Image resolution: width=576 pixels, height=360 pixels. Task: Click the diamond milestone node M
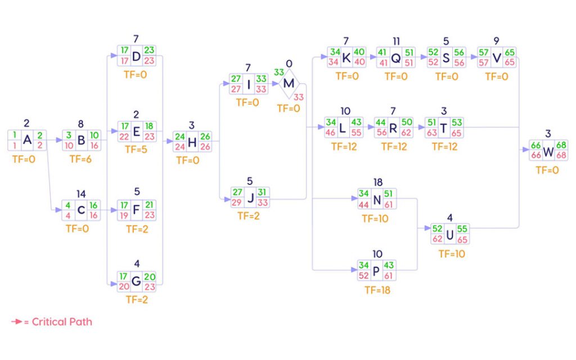pyautogui.click(x=289, y=84)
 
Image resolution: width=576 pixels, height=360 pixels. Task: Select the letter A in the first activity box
pyautogui.click(x=27, y=140)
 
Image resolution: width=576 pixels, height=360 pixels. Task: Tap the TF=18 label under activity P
pyautogui.click(x=377, y=290)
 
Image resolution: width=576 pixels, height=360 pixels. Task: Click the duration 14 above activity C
pyautogui.click(x=81, y=193)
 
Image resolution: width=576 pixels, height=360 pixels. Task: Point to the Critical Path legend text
pyautogui.click(x=62, y=322)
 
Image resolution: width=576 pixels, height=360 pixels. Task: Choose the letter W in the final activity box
pyautogui.click(x=548, y=152)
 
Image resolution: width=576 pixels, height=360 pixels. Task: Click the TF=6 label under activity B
pyautogui.click(x=80, y=159)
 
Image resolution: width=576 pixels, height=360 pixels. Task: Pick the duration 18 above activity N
pyautogui.click(x=377, y=182)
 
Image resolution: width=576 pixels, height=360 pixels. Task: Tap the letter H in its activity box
pyautogui.click(x=192, y=142)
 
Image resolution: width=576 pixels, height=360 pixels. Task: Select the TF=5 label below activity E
pyautogui.click(x=136, y=150)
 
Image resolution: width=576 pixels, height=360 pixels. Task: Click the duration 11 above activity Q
pyautogui.click(x=396, y=42)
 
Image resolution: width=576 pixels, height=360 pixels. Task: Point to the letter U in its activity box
pyautogui.click(x=449, y=235)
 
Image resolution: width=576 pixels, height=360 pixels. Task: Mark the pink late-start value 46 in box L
pyautogui.click(x=331, y=133)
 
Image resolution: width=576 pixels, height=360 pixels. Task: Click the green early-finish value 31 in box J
pyautogui.click(x=262, y=192)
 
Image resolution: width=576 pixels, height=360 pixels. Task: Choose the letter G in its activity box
pyautogui.click(x=136, y=281)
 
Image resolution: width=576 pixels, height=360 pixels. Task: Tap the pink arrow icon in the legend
pyautogui.click(x=17, y=322)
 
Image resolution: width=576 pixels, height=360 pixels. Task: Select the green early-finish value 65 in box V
pyautogui.click(x=509, y=52)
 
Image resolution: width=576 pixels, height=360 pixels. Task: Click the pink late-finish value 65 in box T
pyautogui.click(x=456, y=133)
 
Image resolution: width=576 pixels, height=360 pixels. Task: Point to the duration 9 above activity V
pyautogui.click(x=496, y=40)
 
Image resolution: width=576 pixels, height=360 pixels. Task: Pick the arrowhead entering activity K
pyautogui.click(x=323, y=57)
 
